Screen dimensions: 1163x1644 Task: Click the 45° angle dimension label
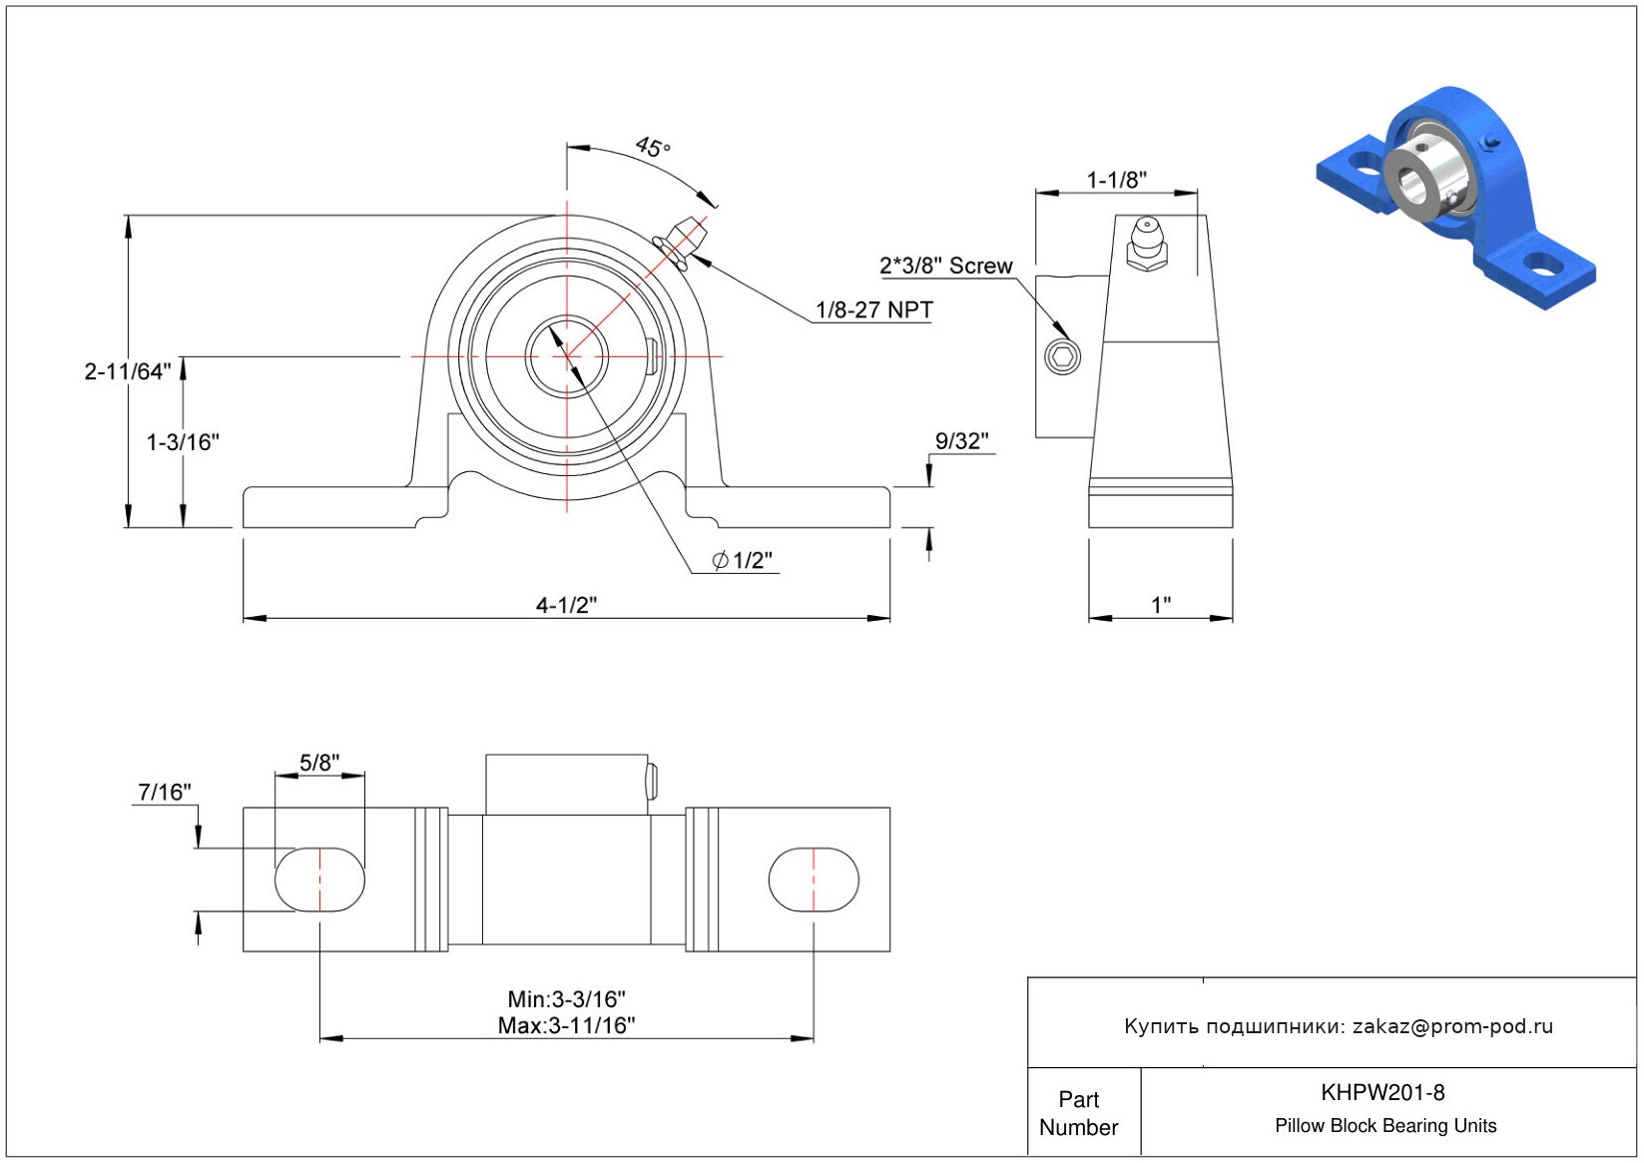point(653,148)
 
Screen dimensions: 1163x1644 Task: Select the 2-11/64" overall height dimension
point(128,371)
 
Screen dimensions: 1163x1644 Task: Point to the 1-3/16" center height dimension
point(183,441)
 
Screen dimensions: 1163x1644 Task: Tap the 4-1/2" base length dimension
point(566,605)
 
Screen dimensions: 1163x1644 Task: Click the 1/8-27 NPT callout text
point(873,309)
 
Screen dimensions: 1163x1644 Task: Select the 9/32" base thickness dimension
point(961,440)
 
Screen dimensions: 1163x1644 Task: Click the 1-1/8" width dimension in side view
point(1116,180)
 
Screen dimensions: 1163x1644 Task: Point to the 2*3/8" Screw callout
point(945,266)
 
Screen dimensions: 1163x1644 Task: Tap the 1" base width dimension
point(1160,605)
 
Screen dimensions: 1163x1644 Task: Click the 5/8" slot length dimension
point(319,763)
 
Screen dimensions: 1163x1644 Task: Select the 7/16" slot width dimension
point(165,792)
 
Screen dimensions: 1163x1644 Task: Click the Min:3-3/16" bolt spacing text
point(566,998)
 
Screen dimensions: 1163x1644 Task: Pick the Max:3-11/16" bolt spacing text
point(566,1025)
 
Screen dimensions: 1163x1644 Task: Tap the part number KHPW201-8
point(1382,1092)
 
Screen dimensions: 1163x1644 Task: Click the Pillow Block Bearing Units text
point(1385,1125)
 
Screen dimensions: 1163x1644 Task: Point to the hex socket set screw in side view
point(1062,356)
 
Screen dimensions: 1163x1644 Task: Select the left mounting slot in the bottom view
point(319,879)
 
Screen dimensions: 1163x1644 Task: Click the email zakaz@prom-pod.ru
point(1452,1026)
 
